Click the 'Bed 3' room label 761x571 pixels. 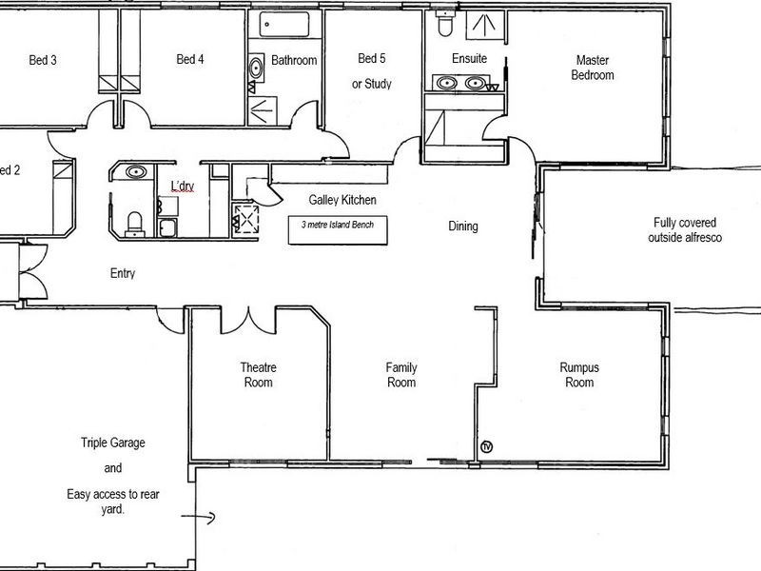point(43,60)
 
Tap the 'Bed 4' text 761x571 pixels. point(190,60)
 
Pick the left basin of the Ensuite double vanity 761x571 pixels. point(446,85)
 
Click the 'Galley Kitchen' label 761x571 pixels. point(342,200)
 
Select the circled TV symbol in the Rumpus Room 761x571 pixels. point(488,446)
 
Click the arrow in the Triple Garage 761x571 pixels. point(204,520)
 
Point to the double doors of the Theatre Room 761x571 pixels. point(248,322)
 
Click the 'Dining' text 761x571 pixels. point(463,226)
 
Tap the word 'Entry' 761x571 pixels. point(123,273)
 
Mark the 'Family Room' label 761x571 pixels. point(400,375)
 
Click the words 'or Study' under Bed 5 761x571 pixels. point(372,84)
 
